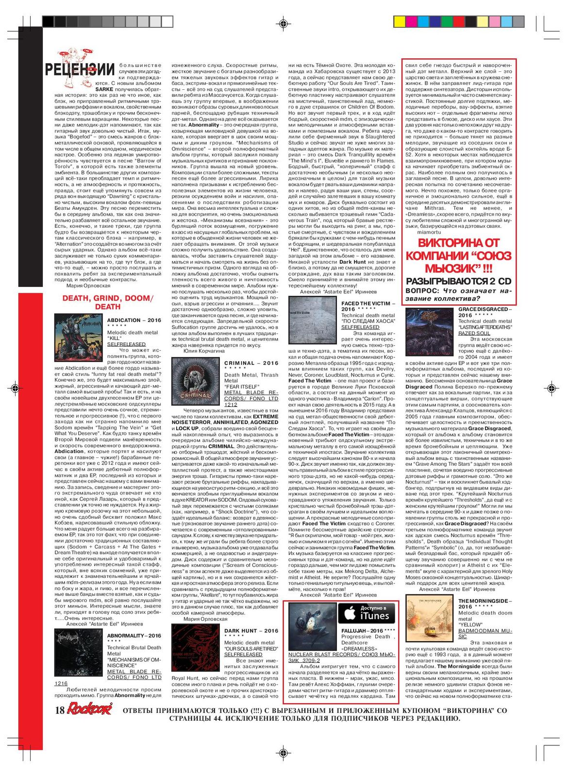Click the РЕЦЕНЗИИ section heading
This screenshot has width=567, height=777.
[80, 69]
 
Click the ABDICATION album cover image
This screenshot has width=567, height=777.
[79, 338]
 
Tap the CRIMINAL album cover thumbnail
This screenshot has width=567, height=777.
[196, 382]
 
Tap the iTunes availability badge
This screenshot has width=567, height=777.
[367, 614]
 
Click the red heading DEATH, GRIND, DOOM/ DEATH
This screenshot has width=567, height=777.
[108, 302]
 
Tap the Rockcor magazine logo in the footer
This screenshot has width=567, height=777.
[89, 709]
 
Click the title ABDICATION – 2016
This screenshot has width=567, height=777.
[134, 320]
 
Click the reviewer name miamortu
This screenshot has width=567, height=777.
[430, 232]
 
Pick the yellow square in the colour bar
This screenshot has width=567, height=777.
[399, 21]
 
